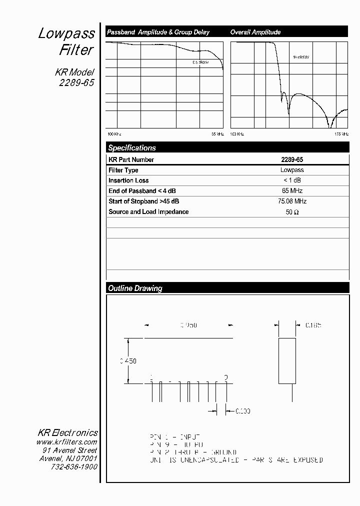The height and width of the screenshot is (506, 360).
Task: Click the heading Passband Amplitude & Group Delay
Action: pyautogui.click(x=158, y=32)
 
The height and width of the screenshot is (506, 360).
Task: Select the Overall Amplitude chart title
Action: pyautogui.click(x=255, y=32)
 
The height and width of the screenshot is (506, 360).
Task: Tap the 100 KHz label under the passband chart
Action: pyautogui.click(x=114, y=134)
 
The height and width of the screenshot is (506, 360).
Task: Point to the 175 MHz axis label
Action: pyautogui.click(x=341, y=134)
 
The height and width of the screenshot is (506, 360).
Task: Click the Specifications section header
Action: pyautogui.click(x=132, y=148)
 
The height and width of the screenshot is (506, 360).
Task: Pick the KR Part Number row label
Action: pyautogui.click(x=131, y=160)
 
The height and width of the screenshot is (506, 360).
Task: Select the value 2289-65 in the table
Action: pyautogui.click(x=291, y=160)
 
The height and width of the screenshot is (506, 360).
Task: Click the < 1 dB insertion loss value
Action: pyautogui.click(x=291, y=180)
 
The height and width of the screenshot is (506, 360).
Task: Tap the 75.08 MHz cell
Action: pyautogui.click(x=291, y=201)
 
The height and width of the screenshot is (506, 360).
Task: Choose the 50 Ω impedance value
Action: pyautogui.click(x=291, y=212)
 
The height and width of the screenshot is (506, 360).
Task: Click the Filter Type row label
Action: pyautogui.click(x=123, y=170)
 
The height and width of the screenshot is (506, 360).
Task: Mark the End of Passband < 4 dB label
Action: pyautogui.click(x=142, y=191)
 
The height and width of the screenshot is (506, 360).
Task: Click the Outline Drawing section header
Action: pyautogui.click(x=135, y=288)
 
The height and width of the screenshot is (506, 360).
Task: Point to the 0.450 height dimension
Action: pyautogui.click(x=127, y=361)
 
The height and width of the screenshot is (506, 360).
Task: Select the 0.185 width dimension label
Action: pyautogui.click(x=313, y=325)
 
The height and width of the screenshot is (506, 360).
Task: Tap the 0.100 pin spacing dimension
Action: pyautogui.click(x=242, y=411)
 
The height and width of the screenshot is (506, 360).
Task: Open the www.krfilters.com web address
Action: pyautogui.click(x=66, y=442)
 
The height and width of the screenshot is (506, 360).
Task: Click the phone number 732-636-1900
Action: pyautogui.click(x=74, y=466)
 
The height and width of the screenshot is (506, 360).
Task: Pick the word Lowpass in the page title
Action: pyautogui.click(x=66, y=33)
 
